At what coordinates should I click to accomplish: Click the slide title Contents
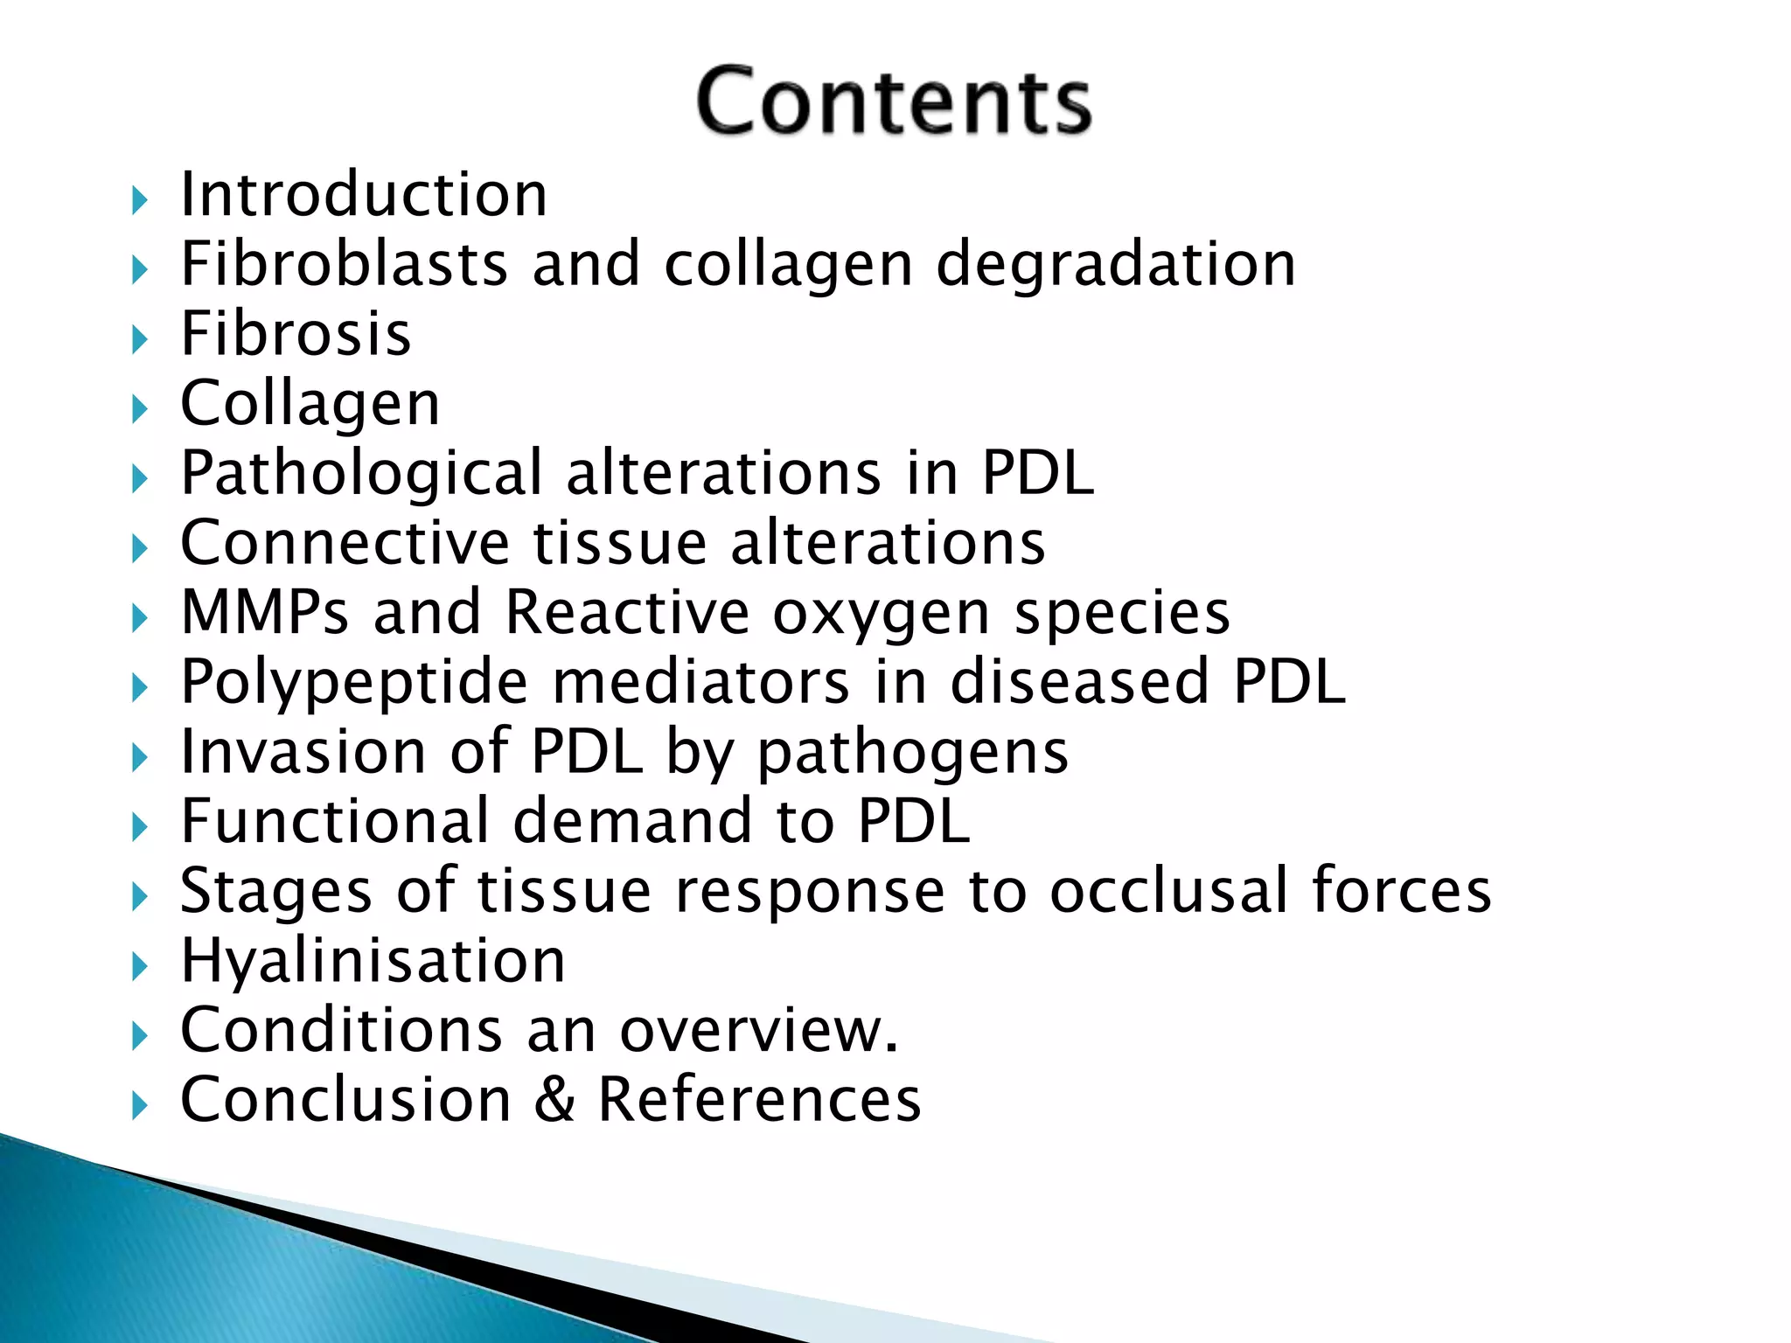point(894,101)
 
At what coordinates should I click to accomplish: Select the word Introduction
point(364,195)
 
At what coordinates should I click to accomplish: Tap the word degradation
point(1116,265)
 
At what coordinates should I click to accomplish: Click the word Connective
point(345,543)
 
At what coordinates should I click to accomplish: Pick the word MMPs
point(265,612)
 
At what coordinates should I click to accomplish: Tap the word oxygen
point(882,616)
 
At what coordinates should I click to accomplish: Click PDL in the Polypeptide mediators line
point(1289,682)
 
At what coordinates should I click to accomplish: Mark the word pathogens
point(912,754)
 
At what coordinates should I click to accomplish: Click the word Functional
point(335,822)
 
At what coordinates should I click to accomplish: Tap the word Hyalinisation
point(373,962)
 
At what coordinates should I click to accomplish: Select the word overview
point(758,1031)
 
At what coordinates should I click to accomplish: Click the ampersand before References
point(554,1100)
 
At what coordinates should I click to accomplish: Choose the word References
point(759,1100)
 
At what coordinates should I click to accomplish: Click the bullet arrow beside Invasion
point(140,758)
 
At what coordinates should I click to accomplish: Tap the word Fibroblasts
point(344,265)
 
